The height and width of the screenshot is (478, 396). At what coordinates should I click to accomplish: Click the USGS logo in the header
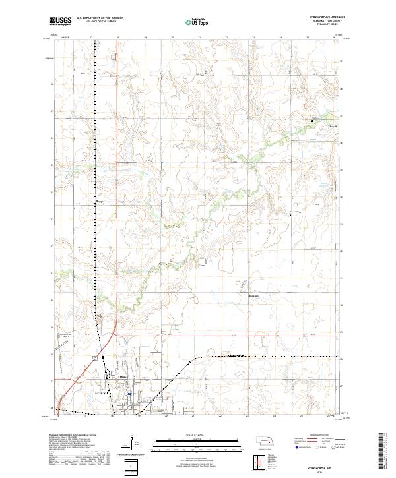(x=61, y=22)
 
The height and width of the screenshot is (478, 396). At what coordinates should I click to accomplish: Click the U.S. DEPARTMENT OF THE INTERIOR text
(x=99, y=18)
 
